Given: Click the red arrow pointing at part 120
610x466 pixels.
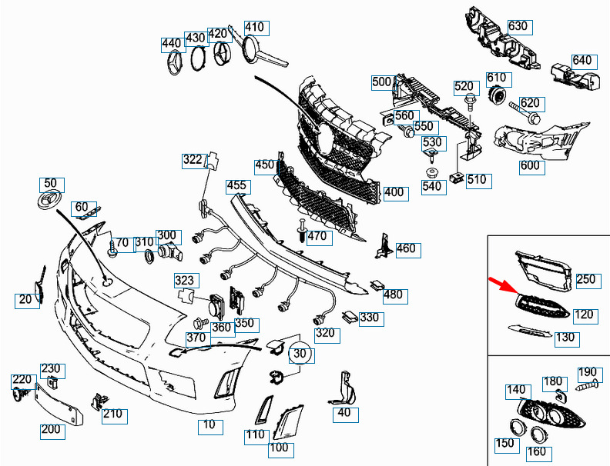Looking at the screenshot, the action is pyautogui.click(x=504, y=285).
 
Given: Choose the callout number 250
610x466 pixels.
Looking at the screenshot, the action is pyautogui.click(x=586, y=279).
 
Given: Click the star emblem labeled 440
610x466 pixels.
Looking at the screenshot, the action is pyautogui.click(x=176, y=63).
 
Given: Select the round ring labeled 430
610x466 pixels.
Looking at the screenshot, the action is pyautogui.click(x=199, y=58).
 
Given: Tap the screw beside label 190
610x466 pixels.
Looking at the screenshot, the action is pyautogui.click(x=587, y=386).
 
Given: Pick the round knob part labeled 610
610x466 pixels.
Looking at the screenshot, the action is pyautogui.click(x=498, y=94).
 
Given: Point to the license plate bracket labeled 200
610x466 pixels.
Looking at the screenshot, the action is pyautogui.click(x=59, y=404).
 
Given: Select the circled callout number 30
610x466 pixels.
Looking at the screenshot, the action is pyautogui.click(x=300, y=354).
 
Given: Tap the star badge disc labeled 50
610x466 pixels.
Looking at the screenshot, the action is pyautogui.click(x=50, y=201).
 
